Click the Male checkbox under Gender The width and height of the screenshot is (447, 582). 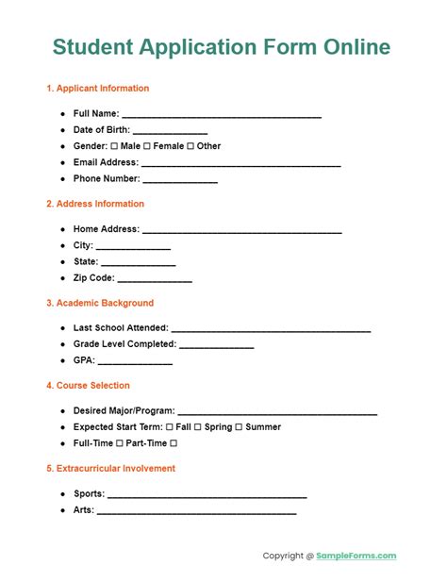pyautogui.click(x=114, y=146)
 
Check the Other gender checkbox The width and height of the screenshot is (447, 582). pyautogui.click(x=190, y=146)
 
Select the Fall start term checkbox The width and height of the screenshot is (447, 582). pyautogui.click(x=182, y=427)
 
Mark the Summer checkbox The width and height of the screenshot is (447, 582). pyautogui.click(x=239, y=427)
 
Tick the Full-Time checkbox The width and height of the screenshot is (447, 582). pyautogui.click(x=120, y=443)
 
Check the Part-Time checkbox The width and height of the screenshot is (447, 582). pyautogui.click(x=174, y=443)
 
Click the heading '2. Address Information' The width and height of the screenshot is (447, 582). pyautogui.click(x=95, y=204)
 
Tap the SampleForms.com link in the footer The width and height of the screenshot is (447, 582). pyautogui.click(x=357, y=556)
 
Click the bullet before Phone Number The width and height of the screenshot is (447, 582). pyautogui.click(x=62, y=179)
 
